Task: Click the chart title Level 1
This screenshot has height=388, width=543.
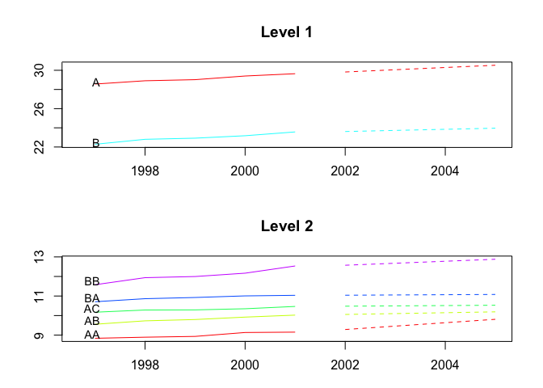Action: click(286, 33)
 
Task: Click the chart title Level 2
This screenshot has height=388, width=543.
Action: click(286, 226)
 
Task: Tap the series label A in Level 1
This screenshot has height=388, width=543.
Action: click(96, 82)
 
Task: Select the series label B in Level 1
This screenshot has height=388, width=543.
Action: click(96, 143)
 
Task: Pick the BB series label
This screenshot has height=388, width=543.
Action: click(91, 281)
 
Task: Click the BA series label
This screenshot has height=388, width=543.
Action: click(91, 298)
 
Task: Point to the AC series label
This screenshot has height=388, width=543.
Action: click(91, 309)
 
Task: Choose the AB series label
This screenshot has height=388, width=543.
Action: click(91, 321)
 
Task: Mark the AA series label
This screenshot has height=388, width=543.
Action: click(91, 335)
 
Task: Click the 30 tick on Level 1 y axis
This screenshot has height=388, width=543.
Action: click(47, 70)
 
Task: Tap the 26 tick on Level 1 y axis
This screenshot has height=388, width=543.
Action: click(47, 108)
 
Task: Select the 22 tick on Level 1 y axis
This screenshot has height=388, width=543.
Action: click(47, 147)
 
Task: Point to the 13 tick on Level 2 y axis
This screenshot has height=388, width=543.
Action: click(47, 257)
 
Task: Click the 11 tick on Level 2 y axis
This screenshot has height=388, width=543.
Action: click(47, 296)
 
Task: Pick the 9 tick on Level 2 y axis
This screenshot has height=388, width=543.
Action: click(47, 335)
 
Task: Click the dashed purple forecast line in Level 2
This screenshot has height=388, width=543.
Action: click(420, 262)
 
